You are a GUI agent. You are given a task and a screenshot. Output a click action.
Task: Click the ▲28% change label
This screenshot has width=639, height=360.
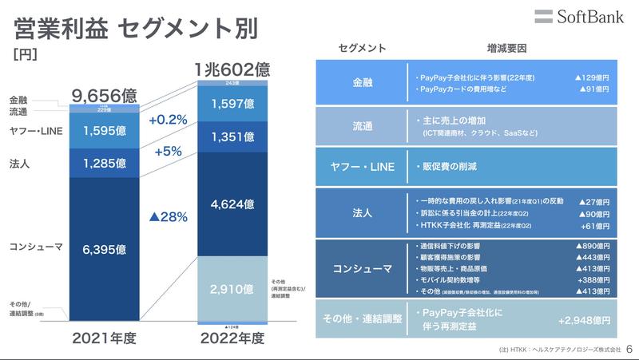(168, 216)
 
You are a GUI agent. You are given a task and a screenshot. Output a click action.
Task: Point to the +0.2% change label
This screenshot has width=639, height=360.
(168, 121)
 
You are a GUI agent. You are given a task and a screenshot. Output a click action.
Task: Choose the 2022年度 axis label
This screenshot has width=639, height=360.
(232, 338)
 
